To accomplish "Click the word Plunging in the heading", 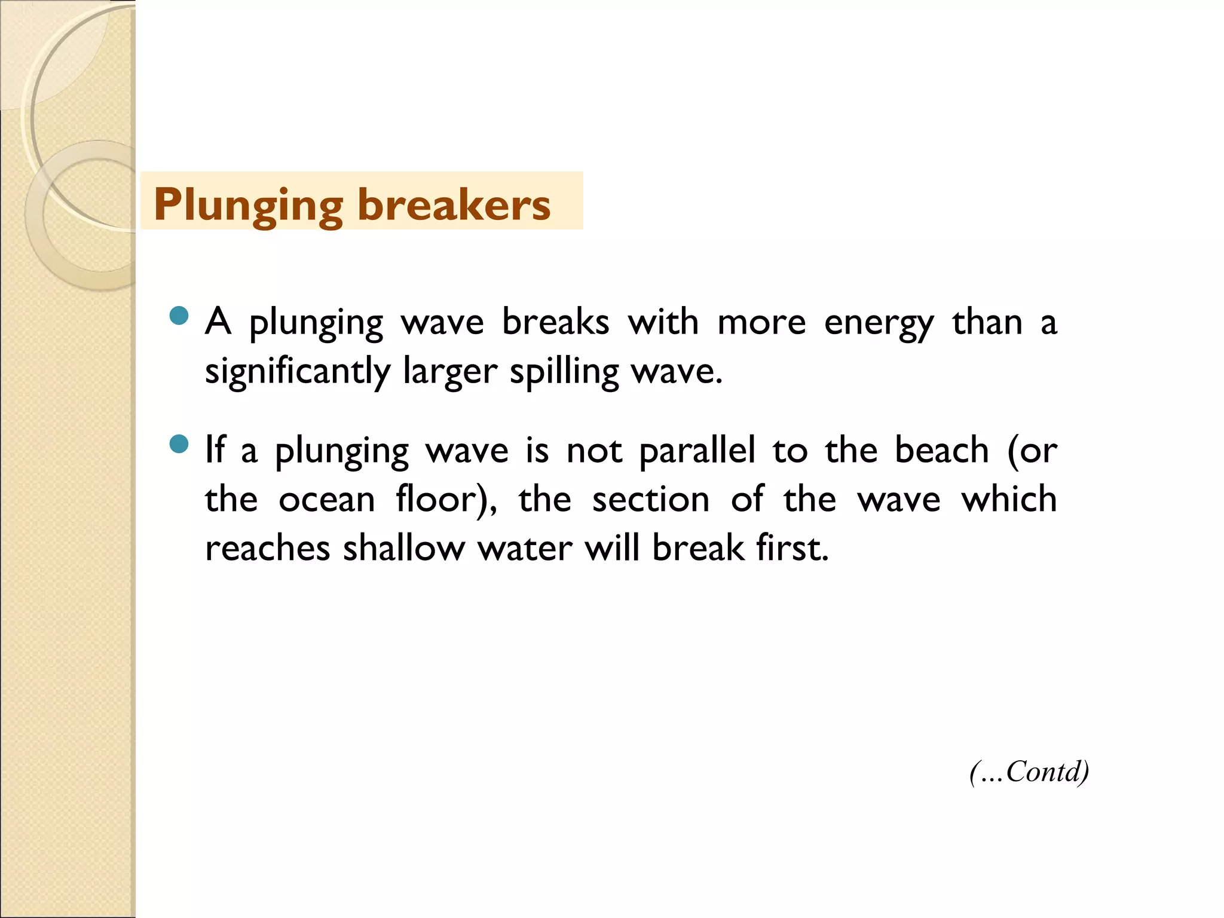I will click(248, 205).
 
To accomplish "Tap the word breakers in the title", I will click(454, 205).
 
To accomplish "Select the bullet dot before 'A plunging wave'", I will click(179, 315).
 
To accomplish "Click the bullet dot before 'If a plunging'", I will click(179, 444).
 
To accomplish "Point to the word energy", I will click(879, 323).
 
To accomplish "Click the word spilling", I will click(564, 372).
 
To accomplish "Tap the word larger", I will click(450, 372).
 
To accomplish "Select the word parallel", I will click(697, 451).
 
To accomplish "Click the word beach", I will click(942, 451).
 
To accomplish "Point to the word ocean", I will click(326, 500).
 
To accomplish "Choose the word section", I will click(650, 500).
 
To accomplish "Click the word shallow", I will click(403, 549).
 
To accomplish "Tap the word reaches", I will click(267, 549).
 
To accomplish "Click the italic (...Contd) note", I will click(1029, 772).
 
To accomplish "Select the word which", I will click(1009, 500).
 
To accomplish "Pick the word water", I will click(525, 549).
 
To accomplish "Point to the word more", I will click(761, 323).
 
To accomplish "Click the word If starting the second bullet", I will click(215, 451).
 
